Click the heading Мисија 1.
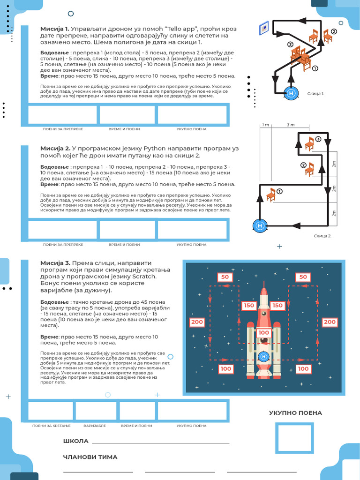[55, 29]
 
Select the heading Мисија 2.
[55, 148]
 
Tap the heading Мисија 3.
[55, 263]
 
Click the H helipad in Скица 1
[292, 93]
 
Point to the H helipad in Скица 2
[260, 225]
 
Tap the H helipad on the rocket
[263, 357]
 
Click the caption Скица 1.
[315, 94]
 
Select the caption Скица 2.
[322, 236]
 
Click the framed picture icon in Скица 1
[264, 28]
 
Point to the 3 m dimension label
[291, 125]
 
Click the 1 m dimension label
[266, 125]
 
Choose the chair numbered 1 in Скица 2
[271, 194]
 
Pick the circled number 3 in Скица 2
[318, 139]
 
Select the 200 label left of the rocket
[197, 322]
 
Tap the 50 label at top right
[303, 277]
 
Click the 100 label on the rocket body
[263, 333]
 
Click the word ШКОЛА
[75, 441]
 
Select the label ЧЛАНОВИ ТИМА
[90, 457]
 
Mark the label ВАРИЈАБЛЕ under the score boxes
[95, 426]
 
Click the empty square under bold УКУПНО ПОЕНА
[294, 438]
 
